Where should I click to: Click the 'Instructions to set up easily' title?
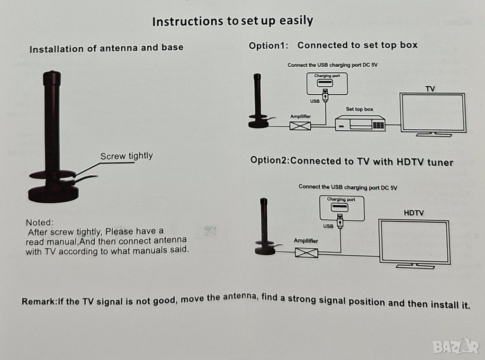tap(233, 21)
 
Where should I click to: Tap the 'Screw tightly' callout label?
tap(126, 156)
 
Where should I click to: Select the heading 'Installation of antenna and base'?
tap(107, 48)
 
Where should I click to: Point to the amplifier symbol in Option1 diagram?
tap(300, 126)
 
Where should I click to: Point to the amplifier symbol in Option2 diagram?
tap(306, 252)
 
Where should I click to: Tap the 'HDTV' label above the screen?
tap(413, 213)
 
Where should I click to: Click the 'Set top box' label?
tap(359, 109)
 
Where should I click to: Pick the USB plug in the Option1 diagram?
tap(325, 95)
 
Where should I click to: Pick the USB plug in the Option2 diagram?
tap(340, 221)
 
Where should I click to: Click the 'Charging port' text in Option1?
tap(327, 76)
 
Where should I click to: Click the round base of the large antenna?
tap(53, 194)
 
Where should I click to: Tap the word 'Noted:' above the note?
tap(40, 222)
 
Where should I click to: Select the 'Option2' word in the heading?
tap(269, 160)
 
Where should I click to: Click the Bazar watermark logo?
tap(456, 346)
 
